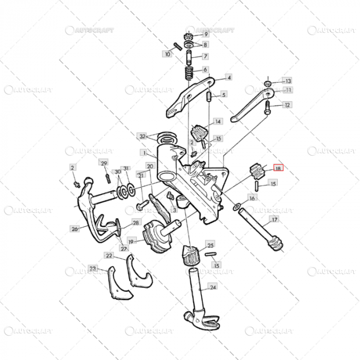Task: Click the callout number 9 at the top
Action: (x=206, y=34)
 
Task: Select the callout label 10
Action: (x=168, y=53)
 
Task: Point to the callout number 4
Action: (x=229, y=78)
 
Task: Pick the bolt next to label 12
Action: (x=268, y=108)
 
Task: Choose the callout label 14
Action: (x=218, y=122)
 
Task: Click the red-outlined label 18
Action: (x=278, y=168)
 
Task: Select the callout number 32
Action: (x=142, y=136)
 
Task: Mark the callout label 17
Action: (x=275, y=220)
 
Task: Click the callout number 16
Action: (x=252, y=198)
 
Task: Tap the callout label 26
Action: (x=75, y=229)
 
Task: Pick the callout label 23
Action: (x=93, y=268)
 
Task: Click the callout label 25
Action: (x=210, y=244)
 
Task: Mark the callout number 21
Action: (x=139, y=176)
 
